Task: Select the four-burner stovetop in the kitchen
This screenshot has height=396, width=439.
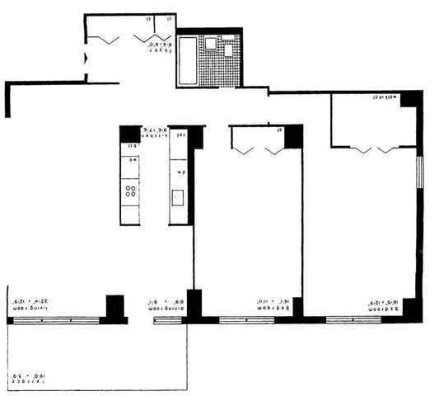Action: (x=129, y=191)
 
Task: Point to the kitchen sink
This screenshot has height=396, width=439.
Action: (x=176, y=198)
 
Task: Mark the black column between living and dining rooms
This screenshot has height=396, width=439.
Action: (x=114, y=307)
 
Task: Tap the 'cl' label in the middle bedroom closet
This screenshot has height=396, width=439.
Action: (x=279, y=129)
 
